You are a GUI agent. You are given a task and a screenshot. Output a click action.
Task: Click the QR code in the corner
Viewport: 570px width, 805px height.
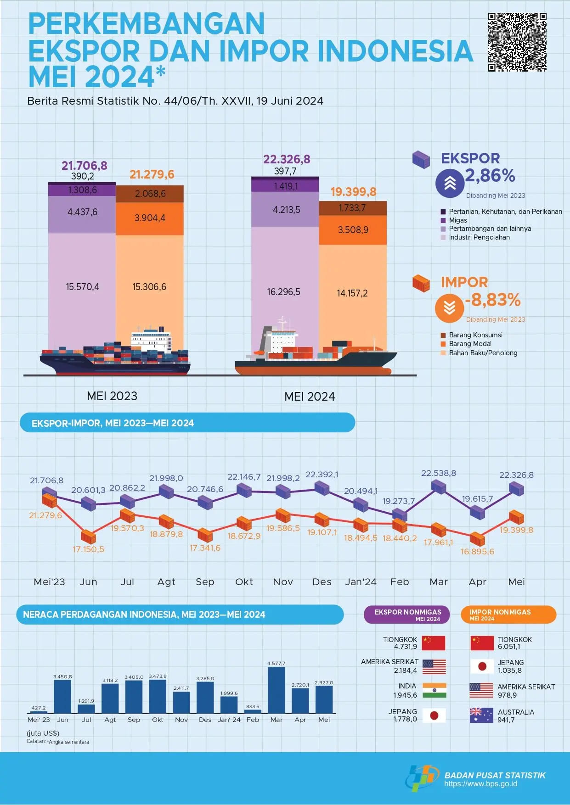pyautogui.click(x=517, y=42)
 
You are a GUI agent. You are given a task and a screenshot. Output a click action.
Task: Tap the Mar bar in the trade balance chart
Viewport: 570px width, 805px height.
pyautogui.click(x=277, y=690)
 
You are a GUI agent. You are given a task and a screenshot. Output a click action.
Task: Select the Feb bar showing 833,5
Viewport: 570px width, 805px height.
pyautogui.click(x=253, y=711)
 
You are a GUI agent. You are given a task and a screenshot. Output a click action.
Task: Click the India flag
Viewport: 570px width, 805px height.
pyautogui.click(x=434, y=691)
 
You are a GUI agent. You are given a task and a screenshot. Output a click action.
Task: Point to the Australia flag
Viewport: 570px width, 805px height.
pyautogui.click(x=481, y=715)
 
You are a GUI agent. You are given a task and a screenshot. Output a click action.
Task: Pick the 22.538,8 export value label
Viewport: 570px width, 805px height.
pyautogui.click(x=439, y=473)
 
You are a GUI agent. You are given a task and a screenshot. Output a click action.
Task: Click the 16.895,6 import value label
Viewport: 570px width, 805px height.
pyautogui.click(x=477, y=552)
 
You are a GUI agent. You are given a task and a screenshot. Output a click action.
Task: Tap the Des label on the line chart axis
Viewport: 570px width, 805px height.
pyautogui.click(x=322, y=582)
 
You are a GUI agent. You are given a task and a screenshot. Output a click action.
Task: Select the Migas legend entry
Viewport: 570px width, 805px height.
pyautogui.click(x=457, y=220)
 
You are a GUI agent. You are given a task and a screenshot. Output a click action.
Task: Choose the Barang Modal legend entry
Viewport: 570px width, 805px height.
pyautogui.click(x=469, y=344)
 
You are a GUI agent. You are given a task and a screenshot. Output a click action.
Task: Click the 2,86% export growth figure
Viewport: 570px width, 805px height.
pyautogui.click(x=490, y=175)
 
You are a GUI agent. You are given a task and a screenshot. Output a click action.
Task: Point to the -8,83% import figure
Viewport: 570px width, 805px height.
pyautogui.click(x=493, y=300)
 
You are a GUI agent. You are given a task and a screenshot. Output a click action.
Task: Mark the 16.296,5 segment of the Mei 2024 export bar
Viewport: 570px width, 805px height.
pyautogui.click(x=285, y=292)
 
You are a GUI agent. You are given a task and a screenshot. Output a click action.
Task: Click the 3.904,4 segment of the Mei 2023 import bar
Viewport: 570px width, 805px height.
pyautogui.click(x=150, y=218)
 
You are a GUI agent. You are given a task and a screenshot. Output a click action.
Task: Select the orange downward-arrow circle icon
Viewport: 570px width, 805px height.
pyautogui.click(x=450, y=307)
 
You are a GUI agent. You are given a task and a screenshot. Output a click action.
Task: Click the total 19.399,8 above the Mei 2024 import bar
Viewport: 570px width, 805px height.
pyautogui.click(x=353, y=192)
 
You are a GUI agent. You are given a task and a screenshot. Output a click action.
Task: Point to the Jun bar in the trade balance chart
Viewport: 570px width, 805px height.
pyautogui.click(x=62, y=696)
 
